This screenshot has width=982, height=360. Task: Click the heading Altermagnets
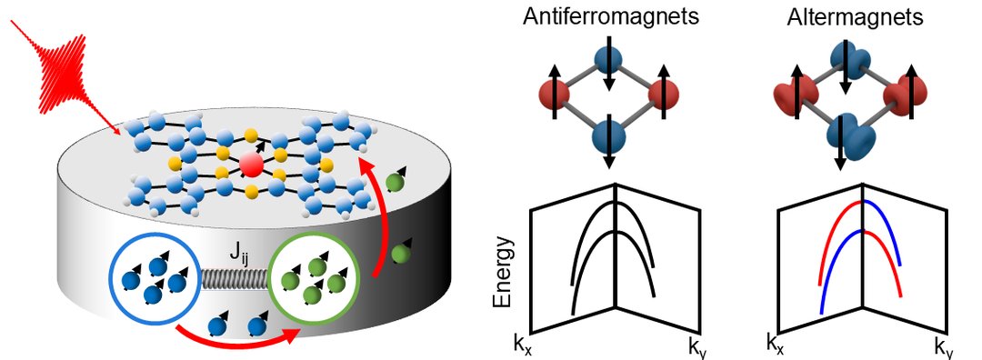click(x=855, y=17)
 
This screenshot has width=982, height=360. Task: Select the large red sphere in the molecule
click(x=251, y=164)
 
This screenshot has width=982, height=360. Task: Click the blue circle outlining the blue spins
click(x=155, y=278)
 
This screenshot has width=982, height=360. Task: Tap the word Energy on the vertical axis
click(x=502, y=272)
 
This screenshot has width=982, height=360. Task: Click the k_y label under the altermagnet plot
click(x=945, y=346)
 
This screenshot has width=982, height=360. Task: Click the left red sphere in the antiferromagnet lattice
click(x=555, y=95)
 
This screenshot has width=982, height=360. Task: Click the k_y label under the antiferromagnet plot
click(x=696, y=346)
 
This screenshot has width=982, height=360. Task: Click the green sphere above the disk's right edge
click(x=394, y=182)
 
